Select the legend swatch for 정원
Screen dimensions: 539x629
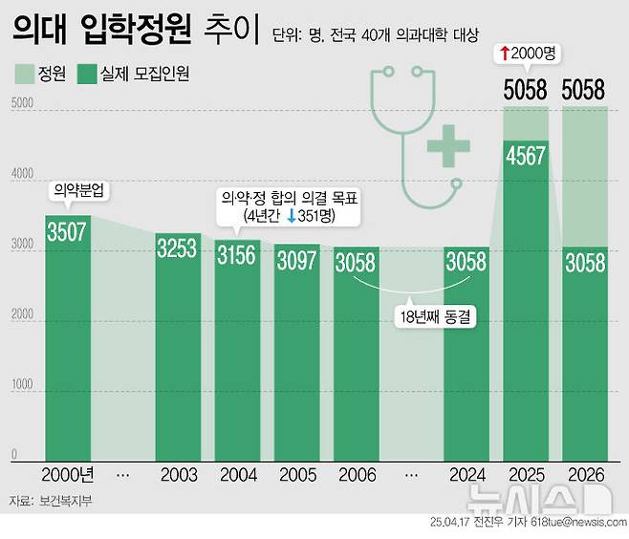24,74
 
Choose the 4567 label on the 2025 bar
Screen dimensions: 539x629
526,157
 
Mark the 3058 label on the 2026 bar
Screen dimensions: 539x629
584,262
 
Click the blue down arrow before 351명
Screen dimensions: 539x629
289,217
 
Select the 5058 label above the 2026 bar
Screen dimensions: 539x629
584,91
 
